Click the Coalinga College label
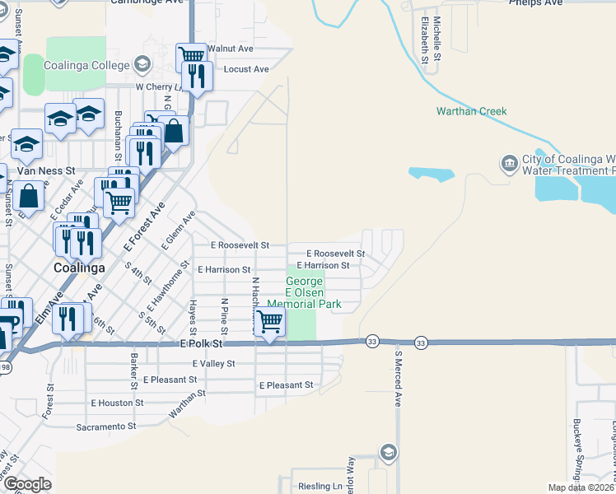click(x=89, y=65)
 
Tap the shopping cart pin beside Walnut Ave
click(x=191, y=56)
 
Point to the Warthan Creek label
click(x=471, y=111)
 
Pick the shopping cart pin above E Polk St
click(x=269, y=322)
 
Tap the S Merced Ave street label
click(x=397, y=380)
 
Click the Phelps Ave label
click(x=535, y=2)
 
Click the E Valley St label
click(x=213, y=363)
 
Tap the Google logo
click(x=27, y=483)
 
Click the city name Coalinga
click(x=78, y=268)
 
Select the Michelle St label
click(x=437, y=40)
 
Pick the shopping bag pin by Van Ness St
click(x=29, y=198)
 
